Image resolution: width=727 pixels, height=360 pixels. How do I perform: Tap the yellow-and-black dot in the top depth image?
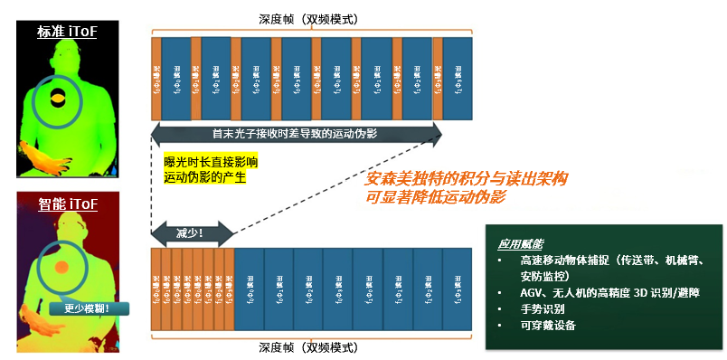pos(57,97)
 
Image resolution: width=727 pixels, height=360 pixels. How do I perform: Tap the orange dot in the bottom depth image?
pos(61,268)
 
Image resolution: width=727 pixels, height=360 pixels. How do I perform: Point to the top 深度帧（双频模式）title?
pos(314,18)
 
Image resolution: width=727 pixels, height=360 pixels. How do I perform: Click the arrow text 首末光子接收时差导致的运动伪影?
pos(295,133)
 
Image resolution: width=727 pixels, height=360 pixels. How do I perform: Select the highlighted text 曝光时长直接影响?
pos(210,161)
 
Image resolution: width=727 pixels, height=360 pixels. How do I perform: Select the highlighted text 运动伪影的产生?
pos(204,177)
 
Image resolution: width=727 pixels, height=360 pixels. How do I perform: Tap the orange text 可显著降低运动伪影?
pos(437,196)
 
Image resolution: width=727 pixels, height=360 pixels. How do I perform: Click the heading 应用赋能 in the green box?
pos(521,244)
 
